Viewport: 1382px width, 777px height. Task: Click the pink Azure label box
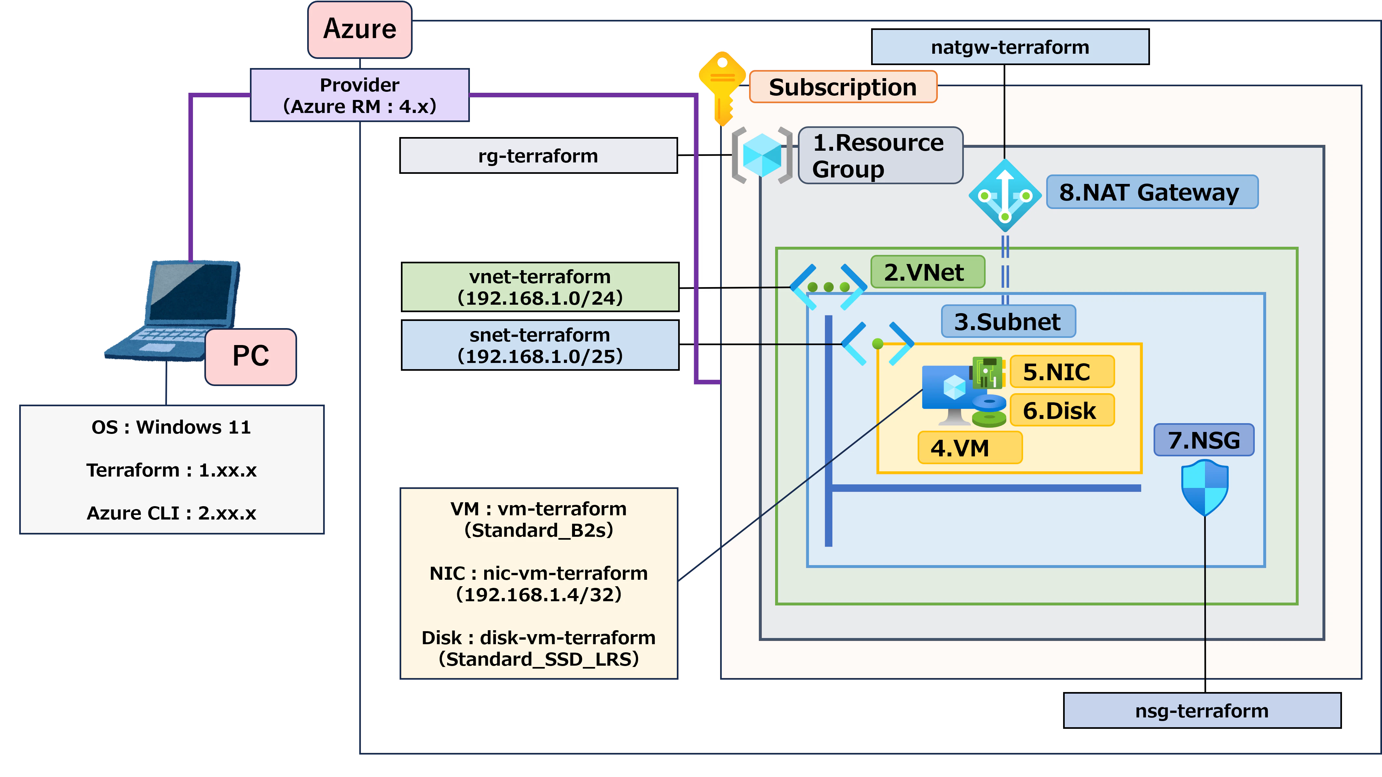tap(360, 30)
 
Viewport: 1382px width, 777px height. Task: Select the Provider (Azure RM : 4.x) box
tap(360, 95)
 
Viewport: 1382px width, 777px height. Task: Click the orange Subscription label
tap(843, 87)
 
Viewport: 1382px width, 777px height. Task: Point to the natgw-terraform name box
tap(1010, 47)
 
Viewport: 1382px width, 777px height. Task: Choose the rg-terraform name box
tap(539, 156)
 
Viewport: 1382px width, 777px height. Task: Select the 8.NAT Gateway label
tap(1152, 192)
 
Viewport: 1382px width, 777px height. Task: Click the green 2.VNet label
tap(928, 272)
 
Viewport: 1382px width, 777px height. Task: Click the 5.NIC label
tap(1062, 372)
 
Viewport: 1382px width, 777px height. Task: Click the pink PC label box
tap(251, 357)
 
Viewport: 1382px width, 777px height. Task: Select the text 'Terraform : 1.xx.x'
tap(172, 470)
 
